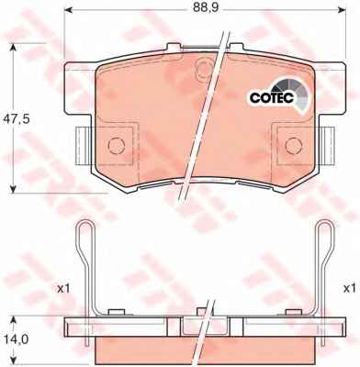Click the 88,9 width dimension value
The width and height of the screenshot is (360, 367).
point(206,8)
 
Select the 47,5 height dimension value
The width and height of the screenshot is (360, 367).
point(17,118)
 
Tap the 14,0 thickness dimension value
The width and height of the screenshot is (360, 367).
point(16,339)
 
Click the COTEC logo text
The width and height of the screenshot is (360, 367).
point(272,97)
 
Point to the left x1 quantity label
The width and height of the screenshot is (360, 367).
point(63,288)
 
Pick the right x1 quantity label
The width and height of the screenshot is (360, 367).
point(349,288)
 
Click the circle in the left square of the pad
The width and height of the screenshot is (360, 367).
point(117,146)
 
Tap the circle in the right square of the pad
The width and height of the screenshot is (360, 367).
point(294,146)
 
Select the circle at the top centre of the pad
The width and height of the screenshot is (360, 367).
point(204,68)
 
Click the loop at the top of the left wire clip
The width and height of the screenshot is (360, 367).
point(84,232)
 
